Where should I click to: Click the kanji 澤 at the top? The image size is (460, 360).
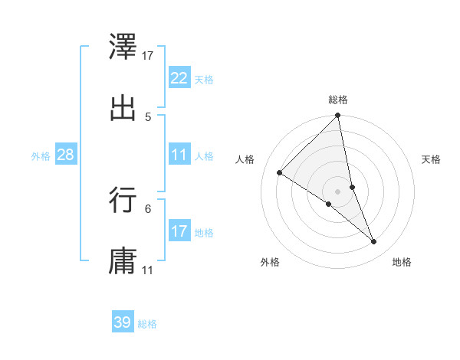pos(123,45)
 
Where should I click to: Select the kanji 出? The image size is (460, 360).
pos(123,107)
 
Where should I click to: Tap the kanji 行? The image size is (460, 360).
pos(123,200)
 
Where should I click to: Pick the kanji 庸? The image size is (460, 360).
pos(123,261)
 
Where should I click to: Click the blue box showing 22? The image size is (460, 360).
pos(179,78)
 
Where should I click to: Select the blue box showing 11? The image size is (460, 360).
pos(179,155)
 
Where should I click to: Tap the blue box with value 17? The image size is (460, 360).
pos(179,231)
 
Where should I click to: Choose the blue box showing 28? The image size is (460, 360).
pos(65,155)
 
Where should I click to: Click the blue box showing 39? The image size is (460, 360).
pos(122,322)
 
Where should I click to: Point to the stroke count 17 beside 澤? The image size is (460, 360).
pos(148,55)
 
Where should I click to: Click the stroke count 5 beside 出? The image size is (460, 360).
pos(148,116)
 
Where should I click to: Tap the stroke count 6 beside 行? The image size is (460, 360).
pos(148,208)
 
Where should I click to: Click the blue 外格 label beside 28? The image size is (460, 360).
pos(41,155)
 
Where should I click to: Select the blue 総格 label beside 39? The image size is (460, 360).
pos(147,324)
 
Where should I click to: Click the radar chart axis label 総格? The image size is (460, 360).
pos(338,100)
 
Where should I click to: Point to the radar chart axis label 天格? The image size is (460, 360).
pos(432,159)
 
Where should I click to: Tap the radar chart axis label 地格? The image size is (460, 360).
pos(402,262)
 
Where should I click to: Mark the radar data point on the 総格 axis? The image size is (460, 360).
pos(338,116)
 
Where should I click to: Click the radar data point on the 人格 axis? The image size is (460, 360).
pos(280,172)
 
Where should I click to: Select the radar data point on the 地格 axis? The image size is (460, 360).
pos(374,242)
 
